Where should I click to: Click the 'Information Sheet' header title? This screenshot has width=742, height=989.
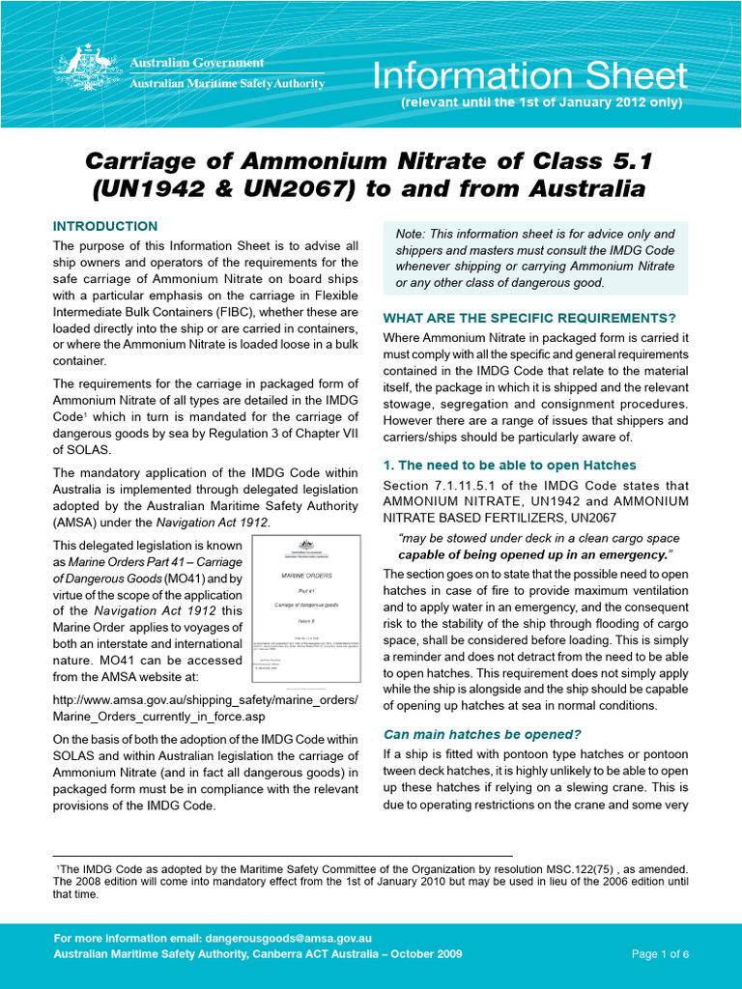tap(530, 76)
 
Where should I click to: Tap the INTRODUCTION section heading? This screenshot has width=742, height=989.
tap(105, 226)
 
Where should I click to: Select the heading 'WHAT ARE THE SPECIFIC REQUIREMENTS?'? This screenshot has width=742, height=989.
tap(529, 318)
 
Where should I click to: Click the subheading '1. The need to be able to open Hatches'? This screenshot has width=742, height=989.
tap(509, 466)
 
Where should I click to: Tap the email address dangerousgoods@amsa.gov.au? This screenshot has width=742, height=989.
tap(288, 938)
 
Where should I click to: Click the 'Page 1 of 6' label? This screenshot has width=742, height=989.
tap(660, 954)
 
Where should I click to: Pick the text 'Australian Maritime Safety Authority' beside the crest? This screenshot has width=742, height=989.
tap(227, 84)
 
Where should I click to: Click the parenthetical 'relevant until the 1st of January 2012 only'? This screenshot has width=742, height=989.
tap(541, 102)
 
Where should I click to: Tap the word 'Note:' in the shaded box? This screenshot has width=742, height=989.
tap(414, 234)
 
